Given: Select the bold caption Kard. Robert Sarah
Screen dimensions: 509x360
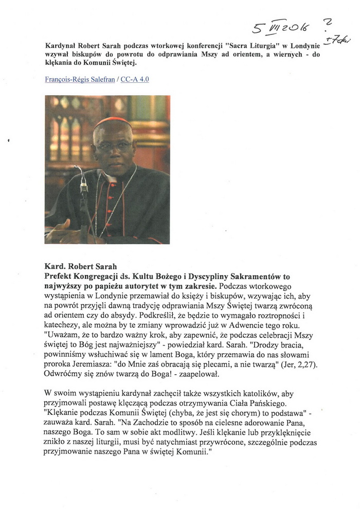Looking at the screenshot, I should pyautogui.click(x=81, y=267).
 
